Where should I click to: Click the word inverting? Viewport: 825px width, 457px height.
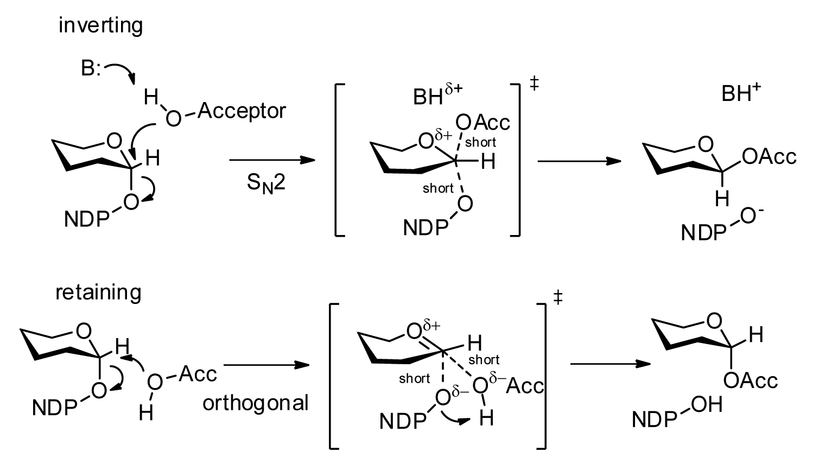(x=100, y=26)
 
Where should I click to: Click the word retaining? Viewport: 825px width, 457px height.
(x=98, y=293)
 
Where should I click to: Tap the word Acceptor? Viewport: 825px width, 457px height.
(x=242, y=111)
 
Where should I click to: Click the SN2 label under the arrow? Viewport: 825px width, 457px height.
(x=266, y=182)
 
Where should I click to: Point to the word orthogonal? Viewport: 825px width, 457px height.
(x=256, y=403)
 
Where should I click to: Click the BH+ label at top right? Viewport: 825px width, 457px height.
(x=740, y=93)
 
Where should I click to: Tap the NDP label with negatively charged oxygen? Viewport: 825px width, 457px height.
(x=703, y=233)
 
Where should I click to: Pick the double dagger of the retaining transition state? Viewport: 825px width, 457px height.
(x=557, y=297)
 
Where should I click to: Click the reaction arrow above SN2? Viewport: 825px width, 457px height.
(x=272, y=161)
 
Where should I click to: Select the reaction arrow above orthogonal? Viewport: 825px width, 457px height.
(x=266, y=366)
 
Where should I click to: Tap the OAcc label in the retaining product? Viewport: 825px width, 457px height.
(x=751, y=380)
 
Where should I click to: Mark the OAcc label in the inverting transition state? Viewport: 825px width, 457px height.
(x=483, y=123)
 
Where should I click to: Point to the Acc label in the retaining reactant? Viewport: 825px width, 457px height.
(x=198, y=373)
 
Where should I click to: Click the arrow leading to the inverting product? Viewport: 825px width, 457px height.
(x=579, y=161)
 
